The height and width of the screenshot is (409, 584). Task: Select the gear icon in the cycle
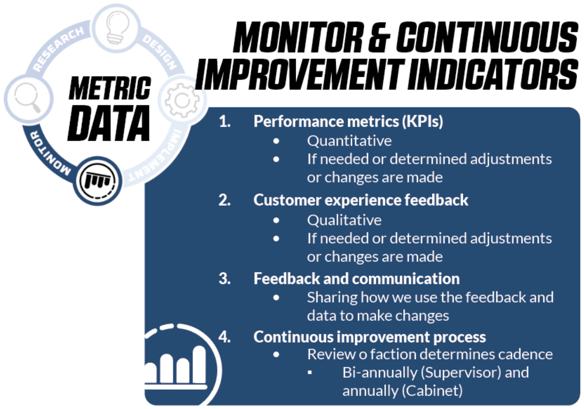pyautogui.click(x=182, y=100)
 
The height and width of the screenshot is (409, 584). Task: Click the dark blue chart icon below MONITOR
pyautogui.click(x=97, y=181)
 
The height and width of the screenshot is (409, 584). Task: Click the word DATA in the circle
pyautogui.click(x=109, y=123)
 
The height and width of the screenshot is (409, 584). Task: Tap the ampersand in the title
pyautogui.click(x=379, y=37)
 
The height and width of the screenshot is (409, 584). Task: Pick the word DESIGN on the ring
pyautogui.click(x=160, y=53)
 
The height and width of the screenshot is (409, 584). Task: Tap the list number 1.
pyautogui.click(x=225, y=122)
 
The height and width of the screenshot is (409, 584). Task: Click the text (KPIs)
pyautogui.click(x=422, y=122)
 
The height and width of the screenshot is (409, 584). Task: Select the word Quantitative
pyautogui.click(x=349, y=141)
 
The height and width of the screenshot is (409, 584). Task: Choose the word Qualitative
pyautogui.click(x=344, y=220)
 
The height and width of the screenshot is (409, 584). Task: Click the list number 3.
pyautogui.click(x=225, y=279)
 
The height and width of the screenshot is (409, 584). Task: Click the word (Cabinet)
pyautogui.click(x=432, y=391)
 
